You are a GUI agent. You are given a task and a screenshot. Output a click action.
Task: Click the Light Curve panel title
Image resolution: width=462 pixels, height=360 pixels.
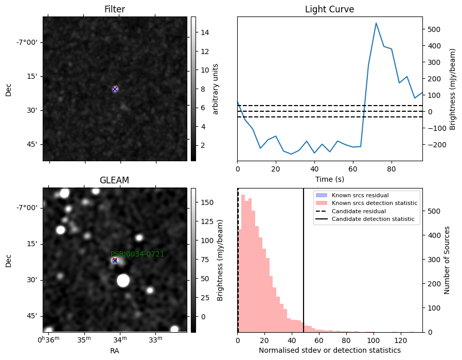[329, 9]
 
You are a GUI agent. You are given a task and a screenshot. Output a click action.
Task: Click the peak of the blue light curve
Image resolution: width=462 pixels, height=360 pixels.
[376, 23]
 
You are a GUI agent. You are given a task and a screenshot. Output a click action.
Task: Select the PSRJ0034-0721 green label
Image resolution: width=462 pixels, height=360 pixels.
[137, 254]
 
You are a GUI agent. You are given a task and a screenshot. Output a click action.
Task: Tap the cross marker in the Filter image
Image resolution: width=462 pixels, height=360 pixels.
[115, 89]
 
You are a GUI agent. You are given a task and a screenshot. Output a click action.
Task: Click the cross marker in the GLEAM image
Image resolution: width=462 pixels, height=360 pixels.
[115, 261]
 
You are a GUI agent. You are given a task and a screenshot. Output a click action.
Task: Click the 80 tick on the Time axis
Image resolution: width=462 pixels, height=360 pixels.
[392, 169]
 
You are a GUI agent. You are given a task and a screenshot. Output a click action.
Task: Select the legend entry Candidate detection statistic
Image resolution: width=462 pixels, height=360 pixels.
[372, 219]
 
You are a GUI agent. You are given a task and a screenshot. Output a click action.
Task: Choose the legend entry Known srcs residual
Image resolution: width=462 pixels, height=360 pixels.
[360, 195]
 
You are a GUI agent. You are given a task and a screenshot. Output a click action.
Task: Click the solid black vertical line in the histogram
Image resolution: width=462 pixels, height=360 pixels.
[303, 261]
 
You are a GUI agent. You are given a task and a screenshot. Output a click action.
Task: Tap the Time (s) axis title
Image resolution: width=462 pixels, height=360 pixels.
[329, 179]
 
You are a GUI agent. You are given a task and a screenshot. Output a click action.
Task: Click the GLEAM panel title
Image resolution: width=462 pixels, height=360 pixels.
[114, 180]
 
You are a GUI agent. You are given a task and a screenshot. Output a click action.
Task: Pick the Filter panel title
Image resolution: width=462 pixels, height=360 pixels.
[115, 9]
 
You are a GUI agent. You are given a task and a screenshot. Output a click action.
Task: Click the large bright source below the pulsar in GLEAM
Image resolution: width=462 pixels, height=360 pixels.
[123, 280]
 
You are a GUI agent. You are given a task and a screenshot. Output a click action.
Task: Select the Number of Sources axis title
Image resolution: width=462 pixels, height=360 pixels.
[447, 260]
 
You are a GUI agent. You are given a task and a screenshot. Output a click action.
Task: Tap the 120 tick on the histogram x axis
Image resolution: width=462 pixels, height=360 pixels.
[400, 340]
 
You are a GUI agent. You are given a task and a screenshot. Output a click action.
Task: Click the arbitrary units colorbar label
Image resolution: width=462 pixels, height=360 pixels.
[216, 89]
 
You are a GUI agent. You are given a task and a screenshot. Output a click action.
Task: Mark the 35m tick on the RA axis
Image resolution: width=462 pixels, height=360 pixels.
[84, 339]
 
